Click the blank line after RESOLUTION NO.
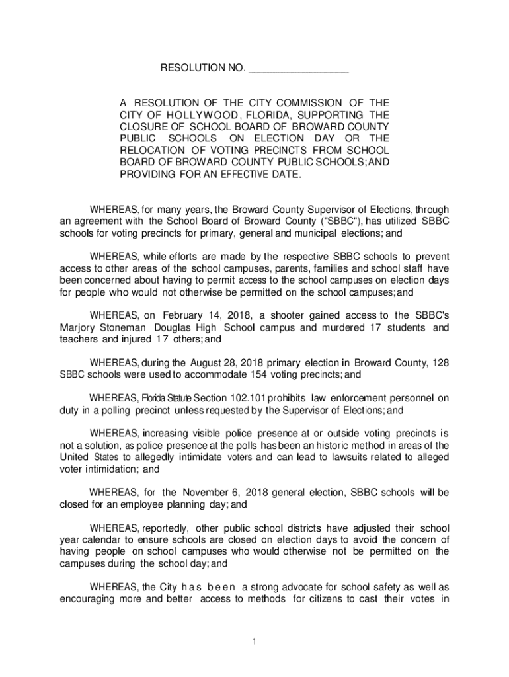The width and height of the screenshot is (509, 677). click(299, 69)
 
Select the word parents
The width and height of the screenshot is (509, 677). click(280, 268)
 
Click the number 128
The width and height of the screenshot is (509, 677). click(440, 362)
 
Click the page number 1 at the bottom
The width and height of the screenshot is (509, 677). click(254, 641)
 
